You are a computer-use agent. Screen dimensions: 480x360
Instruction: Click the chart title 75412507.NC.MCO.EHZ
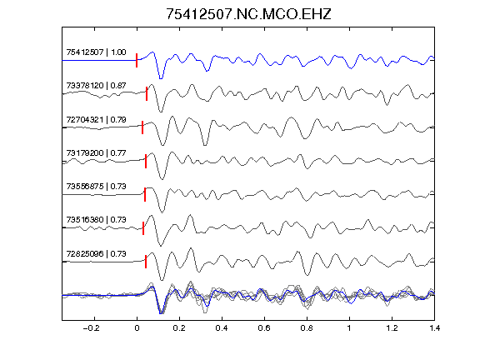pos(248,14)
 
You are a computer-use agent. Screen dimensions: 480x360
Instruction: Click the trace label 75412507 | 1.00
pos(96,52)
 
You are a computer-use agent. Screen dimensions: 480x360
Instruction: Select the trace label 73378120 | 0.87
pos(96,86)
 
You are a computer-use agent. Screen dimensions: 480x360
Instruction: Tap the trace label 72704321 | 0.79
pos(96,120)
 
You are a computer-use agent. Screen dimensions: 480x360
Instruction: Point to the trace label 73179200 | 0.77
pos(96,153)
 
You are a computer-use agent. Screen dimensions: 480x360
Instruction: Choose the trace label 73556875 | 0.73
pos(96,187)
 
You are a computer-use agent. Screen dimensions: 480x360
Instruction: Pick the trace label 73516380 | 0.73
pos(96,220)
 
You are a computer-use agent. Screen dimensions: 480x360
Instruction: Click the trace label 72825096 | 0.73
pos(96,254)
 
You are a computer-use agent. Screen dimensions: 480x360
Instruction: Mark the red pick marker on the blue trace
pos(137,60)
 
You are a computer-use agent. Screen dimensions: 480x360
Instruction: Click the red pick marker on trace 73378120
pos(147,93)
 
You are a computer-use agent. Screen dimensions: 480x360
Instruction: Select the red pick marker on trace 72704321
pos(142,127)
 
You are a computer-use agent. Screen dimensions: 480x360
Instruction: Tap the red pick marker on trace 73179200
pos(146,161)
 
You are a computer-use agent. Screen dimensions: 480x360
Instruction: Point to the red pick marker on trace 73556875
pos(145,194)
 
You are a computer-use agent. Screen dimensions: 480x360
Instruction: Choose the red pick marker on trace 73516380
pos(143,228)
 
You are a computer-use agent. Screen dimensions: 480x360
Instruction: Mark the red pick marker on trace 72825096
pos(146,262)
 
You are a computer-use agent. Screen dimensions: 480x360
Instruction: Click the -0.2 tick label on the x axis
pos(92,328)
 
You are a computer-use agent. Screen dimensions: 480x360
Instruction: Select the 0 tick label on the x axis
pos(137,328)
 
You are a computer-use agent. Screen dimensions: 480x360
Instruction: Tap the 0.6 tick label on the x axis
pos(264,328)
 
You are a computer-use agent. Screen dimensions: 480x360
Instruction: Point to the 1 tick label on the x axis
pos(349,328)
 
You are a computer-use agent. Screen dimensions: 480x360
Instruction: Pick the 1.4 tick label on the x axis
pos(435,328)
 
